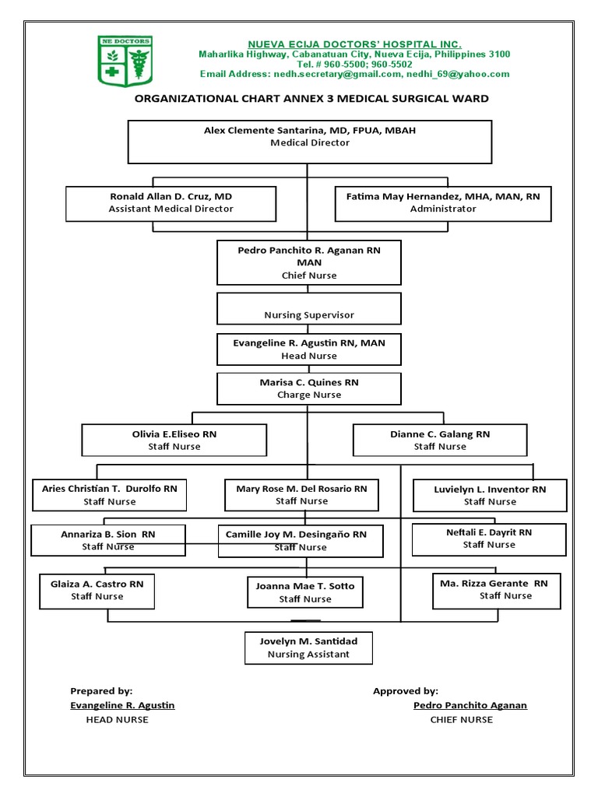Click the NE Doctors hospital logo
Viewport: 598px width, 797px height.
pyautogui.click(x=125, y=61)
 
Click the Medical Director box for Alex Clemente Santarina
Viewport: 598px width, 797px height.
pyautogui.click(x=309, y=141)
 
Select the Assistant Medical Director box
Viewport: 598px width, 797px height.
pyautogui.click(x=171, y=203)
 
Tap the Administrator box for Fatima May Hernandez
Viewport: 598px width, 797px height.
pyautogui.click(x=442, y=203)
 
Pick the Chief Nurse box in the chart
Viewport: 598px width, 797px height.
pyautogui.click(x=309, y=262)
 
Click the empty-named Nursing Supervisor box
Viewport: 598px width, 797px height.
pyautogui.click(x=309, y=308)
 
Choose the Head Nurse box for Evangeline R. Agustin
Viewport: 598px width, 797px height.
pyautogui.click(x=309, y=349)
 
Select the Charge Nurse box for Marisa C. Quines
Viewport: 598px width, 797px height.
pyautogui.click(x=309, y=388)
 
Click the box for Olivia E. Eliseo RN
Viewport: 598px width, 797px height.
pyautogui.click(x=174, y=440)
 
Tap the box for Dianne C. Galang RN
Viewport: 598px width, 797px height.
pyautogui.click(x=440, y=440)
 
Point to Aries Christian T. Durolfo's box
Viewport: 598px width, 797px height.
pyautogui.click(x=109, y=495)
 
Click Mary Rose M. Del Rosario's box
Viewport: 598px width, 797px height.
pyautogui.click(x=301, y=495)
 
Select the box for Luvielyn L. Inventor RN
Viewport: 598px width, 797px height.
pyautogui.click(x=490, y=495)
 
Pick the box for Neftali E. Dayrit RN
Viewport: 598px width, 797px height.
pyautogui.click(x=489, y=539)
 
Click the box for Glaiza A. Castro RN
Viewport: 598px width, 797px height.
pyautogui.click(x=97, y=590)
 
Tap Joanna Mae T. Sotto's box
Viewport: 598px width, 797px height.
pyautogui.click(x=305, y=592)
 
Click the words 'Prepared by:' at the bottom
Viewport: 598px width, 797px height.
pyautogui.click(x=101, y=690)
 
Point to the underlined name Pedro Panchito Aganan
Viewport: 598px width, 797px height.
pyautogui.click(x=470, y=705)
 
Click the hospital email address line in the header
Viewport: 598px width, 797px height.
pyautogui.click(x=354, y=74)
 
